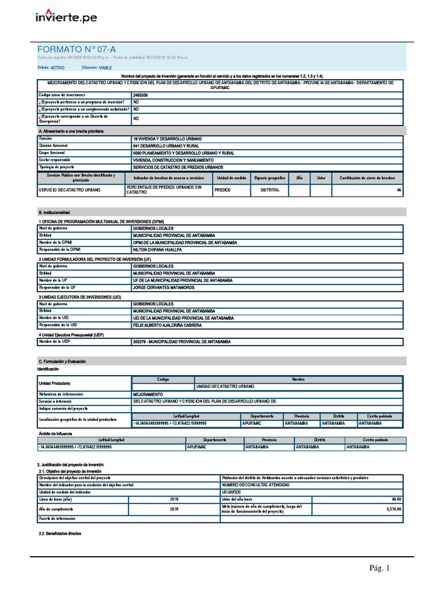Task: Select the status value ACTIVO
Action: (58, 68)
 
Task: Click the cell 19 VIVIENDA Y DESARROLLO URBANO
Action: (167, 139)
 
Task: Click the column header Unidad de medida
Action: (231, 178)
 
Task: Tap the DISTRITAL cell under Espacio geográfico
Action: (270, 190)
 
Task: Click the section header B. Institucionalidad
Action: (54, 213)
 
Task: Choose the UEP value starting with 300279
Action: (182, 342)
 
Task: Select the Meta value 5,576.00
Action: (393, 509)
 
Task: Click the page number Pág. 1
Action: (380, 568)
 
